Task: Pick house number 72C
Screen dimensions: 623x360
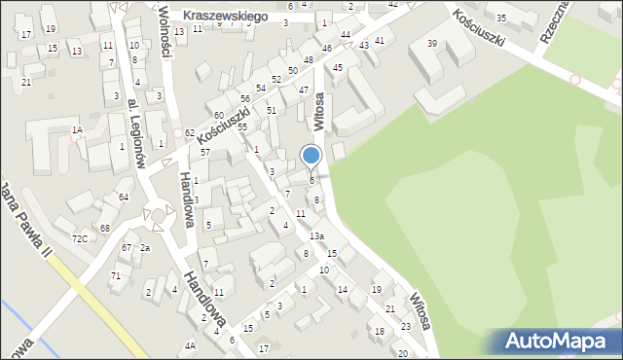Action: pyautogui.click(x=80, y=238)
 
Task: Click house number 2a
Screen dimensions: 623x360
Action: pyautogui.click(x=144, y=248)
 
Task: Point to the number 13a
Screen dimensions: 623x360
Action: pyautogui.click(x=316, y=236)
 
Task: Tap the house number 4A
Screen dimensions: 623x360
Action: pyautogui.click(x=191, y=345)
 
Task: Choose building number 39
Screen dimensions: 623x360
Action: pyautogui.click(x=432, y=44)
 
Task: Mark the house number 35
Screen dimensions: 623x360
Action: pyautogui.click(x=501, y=18)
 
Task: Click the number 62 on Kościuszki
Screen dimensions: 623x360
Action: pyautogui.click(x=189, y=132)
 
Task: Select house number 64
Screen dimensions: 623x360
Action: pyautogui.click(x=124, y=198)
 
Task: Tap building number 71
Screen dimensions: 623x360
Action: pyautogui.click(x=115, y=276)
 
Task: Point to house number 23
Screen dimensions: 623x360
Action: pyautogui.click(x=405, y=327)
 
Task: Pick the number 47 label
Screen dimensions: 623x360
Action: pyautogui.click(x=304, y=90)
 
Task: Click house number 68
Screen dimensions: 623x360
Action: pyautogui.click(x=104, y=228)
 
